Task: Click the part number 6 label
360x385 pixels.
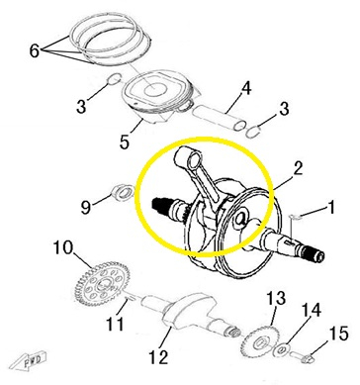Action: point(35,51)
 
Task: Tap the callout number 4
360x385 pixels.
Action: point(246,89)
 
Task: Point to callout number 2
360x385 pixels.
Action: point(298,168)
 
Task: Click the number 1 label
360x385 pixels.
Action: point(330,208)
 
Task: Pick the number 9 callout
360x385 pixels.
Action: point(85,207)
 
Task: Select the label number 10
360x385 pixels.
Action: point(63,247)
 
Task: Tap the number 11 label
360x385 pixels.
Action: point(116,324)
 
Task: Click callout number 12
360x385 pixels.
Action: point(159,356)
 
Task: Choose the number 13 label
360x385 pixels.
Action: point(276,298)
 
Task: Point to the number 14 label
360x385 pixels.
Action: point(311,311)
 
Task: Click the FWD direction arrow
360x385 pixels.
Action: point(28,360)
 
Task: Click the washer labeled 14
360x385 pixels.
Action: point(282,350)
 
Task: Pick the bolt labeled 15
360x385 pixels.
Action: point(302,356)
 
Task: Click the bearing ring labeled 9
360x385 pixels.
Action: point(123,193)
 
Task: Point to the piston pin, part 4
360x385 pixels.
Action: point(220,118)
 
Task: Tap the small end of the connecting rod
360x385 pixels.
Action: point(189,155)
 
